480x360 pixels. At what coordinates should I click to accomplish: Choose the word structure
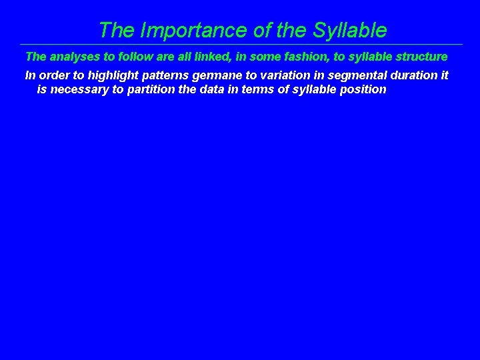pos(420,57)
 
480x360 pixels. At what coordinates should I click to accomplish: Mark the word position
pos(362,89)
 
